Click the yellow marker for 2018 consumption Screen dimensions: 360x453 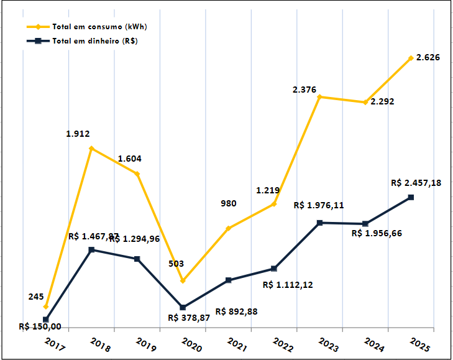[x=91, y=149]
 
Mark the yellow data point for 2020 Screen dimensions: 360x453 [x=183, y=281]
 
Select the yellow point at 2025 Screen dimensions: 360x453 [x=411, y=58]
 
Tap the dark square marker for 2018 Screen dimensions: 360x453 [x=91, y=250]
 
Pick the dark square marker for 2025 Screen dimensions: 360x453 [x=411, y=198]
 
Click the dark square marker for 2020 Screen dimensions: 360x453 [x=183, y=308]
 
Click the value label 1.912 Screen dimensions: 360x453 [x=78, y=133]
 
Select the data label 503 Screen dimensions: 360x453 [x=176, y=264]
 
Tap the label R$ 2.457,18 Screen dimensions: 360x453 [x=416, y=183]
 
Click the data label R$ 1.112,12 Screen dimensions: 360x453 [x=288, y=285]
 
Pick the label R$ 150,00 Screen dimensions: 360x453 [x=40, y=326]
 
